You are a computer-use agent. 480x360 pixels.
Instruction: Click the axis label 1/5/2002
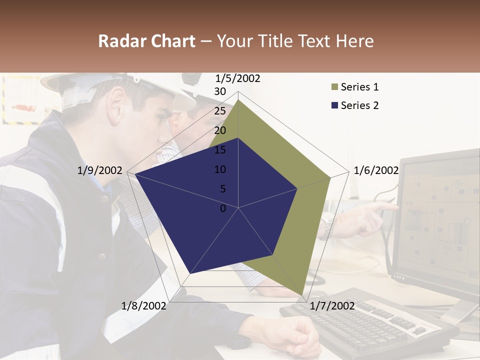pyautogui.click(x=238, y=78)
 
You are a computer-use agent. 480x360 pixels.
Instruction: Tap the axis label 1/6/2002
pyautogui.click(x=376, y=170)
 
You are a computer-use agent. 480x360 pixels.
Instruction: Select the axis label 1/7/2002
pyautogui.click(x=332, y=305)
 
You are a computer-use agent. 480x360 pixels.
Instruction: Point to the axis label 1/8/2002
pyautogui.click(x=144, y=305)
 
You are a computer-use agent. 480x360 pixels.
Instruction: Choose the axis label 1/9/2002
pyautogui.click(x=100, y=170)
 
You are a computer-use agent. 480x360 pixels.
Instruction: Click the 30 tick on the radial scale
pyautogui.click(x=220, y=91)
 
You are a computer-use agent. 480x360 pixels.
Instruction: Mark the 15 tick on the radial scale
pyautogui.click(x=220, y=150)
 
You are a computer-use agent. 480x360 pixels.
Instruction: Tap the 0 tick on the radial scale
pyautogui.click(x=223, y=208)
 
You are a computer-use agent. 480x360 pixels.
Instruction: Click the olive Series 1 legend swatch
pyautogui.click(x=335, y=87)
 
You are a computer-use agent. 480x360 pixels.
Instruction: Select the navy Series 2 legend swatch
pyautogui.click(x=335, y=105)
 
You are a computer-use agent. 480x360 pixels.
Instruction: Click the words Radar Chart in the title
pyautogui.click(x=146, y=41)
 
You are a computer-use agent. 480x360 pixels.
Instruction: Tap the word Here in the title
pyautogui.click(x=354, y=41)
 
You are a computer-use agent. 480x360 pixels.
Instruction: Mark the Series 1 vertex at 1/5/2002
pyautogui.click(x=238, y=99)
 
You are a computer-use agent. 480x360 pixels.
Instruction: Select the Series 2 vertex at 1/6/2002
pyautogui.click(x=297, y=188)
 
